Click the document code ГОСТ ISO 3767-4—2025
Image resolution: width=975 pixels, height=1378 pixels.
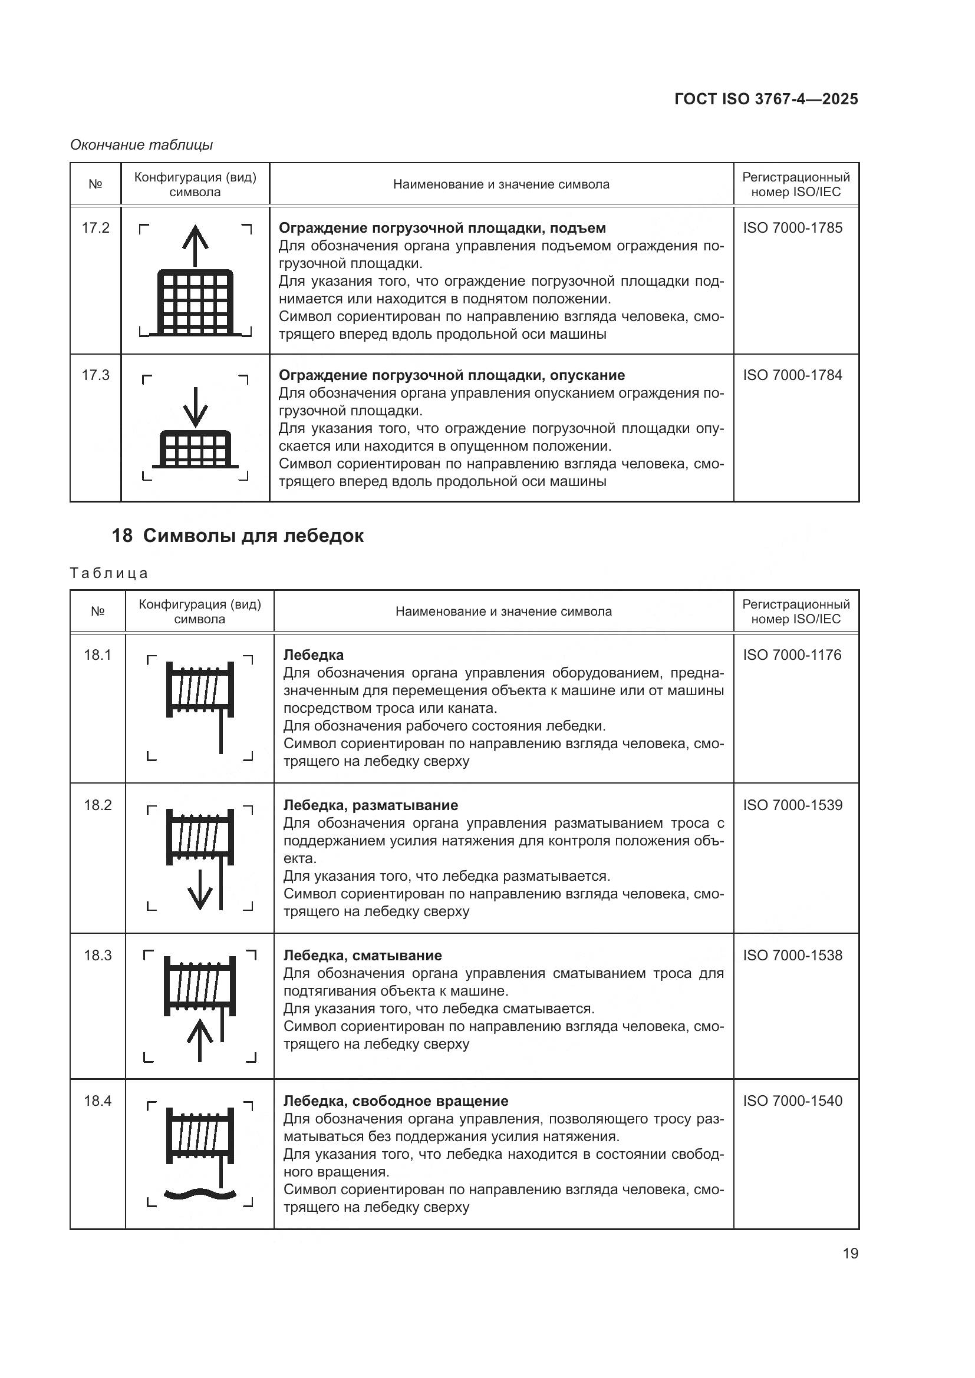coord(766,99)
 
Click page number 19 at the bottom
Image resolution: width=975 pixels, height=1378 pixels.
coord(850,1253)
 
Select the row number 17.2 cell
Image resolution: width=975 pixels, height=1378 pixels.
coord(95,228)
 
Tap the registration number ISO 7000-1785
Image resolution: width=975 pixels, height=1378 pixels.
coord(792,228)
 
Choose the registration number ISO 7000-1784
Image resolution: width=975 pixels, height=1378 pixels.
coord(792,375)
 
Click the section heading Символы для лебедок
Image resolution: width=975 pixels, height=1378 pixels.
coord(253,536)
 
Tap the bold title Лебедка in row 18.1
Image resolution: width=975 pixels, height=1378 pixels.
coord(314,655)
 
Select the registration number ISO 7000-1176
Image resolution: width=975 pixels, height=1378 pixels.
coord(792,655)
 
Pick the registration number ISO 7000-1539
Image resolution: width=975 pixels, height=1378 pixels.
coord(792,805)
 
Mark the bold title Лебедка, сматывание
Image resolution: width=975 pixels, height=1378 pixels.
coord(362,955)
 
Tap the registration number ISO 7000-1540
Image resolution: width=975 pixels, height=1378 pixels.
coord(792,1101)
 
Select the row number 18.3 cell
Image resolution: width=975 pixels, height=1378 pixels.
coord(97,955)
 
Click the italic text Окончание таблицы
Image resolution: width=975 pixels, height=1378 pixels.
coord(141,145)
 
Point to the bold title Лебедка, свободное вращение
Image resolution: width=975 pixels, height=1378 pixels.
coord(395,1101)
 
